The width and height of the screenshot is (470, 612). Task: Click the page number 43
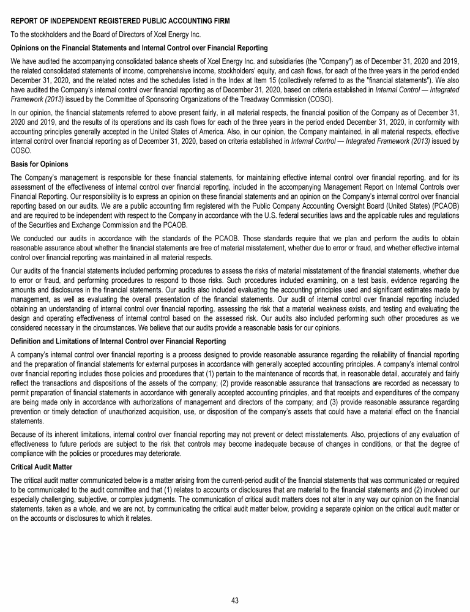point(235,600)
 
